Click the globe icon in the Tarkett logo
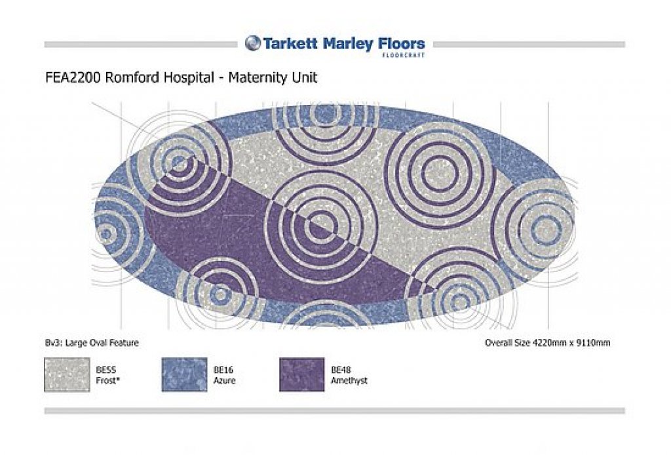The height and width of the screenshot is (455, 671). point(253,43)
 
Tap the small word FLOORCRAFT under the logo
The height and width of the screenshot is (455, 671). point(403,55)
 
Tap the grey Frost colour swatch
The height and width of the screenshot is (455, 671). point(67,375)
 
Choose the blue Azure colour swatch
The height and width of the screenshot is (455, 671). point(184,375)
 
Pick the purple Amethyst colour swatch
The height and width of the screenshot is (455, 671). point(301,375)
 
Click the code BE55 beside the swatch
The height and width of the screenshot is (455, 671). point(105,370)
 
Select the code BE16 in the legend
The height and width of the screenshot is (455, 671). point(223,370)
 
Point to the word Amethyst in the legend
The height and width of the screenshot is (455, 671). point(349,380)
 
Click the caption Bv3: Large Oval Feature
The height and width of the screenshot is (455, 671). point(92,343)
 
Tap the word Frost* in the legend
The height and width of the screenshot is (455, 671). point(107,380)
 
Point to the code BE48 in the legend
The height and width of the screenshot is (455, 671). point(341,370)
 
